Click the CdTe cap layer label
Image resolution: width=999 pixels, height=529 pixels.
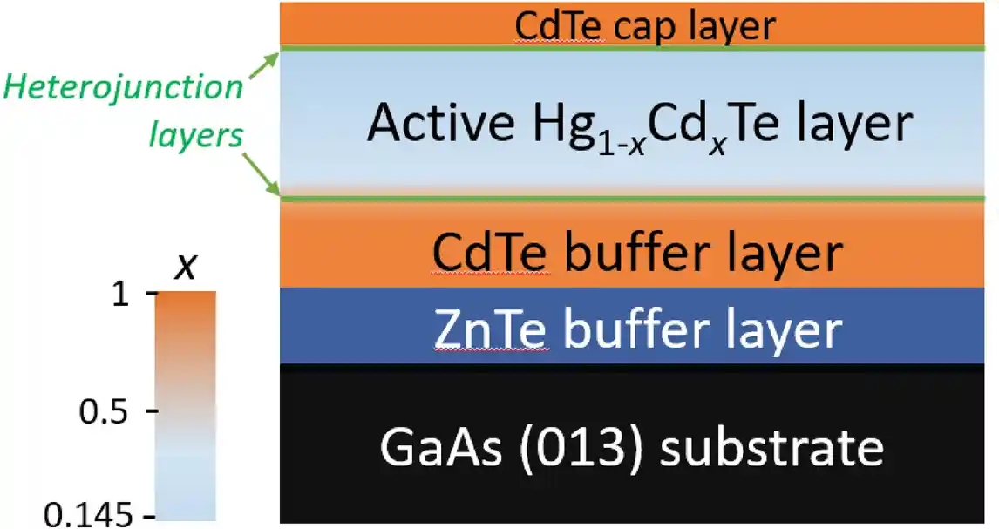click(644, 26)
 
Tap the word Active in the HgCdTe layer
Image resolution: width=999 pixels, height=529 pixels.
click(438, 125)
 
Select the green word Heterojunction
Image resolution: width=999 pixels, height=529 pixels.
click(121, 89)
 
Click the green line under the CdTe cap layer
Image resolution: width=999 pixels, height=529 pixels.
click(636, 49)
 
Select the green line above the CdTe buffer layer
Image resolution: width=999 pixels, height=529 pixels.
click(636, 200)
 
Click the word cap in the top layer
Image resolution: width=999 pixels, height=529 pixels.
click(644, 27)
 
